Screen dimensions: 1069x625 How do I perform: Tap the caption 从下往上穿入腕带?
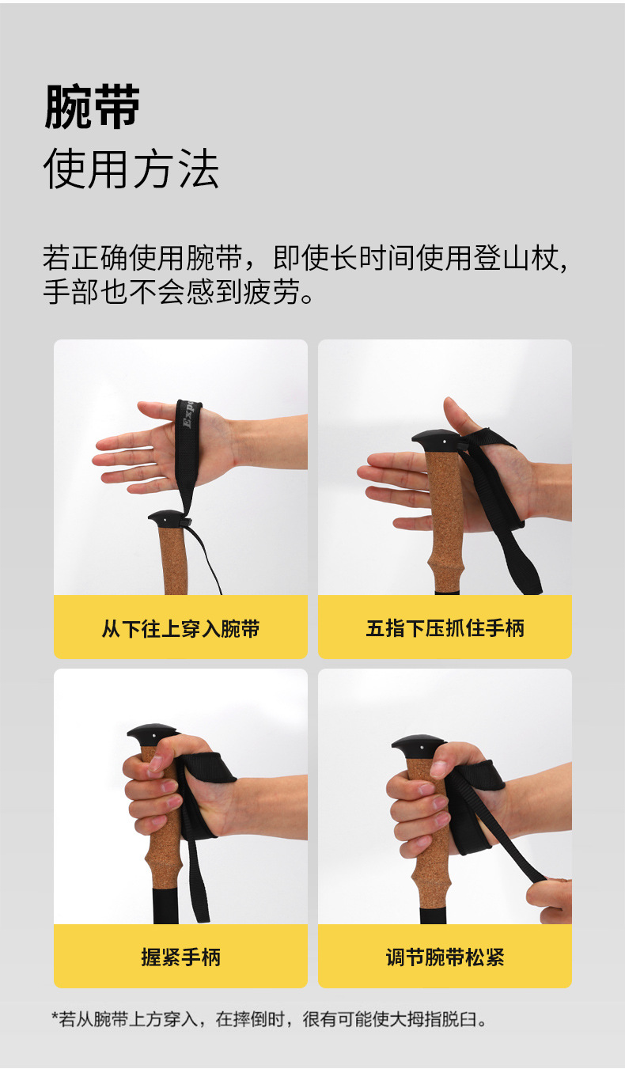click(x=180, y=629)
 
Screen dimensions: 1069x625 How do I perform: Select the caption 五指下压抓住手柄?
click(x=445, y=629)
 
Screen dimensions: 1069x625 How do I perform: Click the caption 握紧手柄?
click(x=180, y=957)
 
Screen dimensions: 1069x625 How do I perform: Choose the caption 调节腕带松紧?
click(x=445, y=957)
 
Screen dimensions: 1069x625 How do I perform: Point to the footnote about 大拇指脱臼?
click(x=269, y=1019)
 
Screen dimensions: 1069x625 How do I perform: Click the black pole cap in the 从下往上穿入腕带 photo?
click(x=166, y=519)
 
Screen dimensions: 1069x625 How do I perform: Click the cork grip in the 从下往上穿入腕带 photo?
click(x=173, y=561)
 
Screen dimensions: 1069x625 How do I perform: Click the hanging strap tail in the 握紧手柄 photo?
click(x=198, y=886)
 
